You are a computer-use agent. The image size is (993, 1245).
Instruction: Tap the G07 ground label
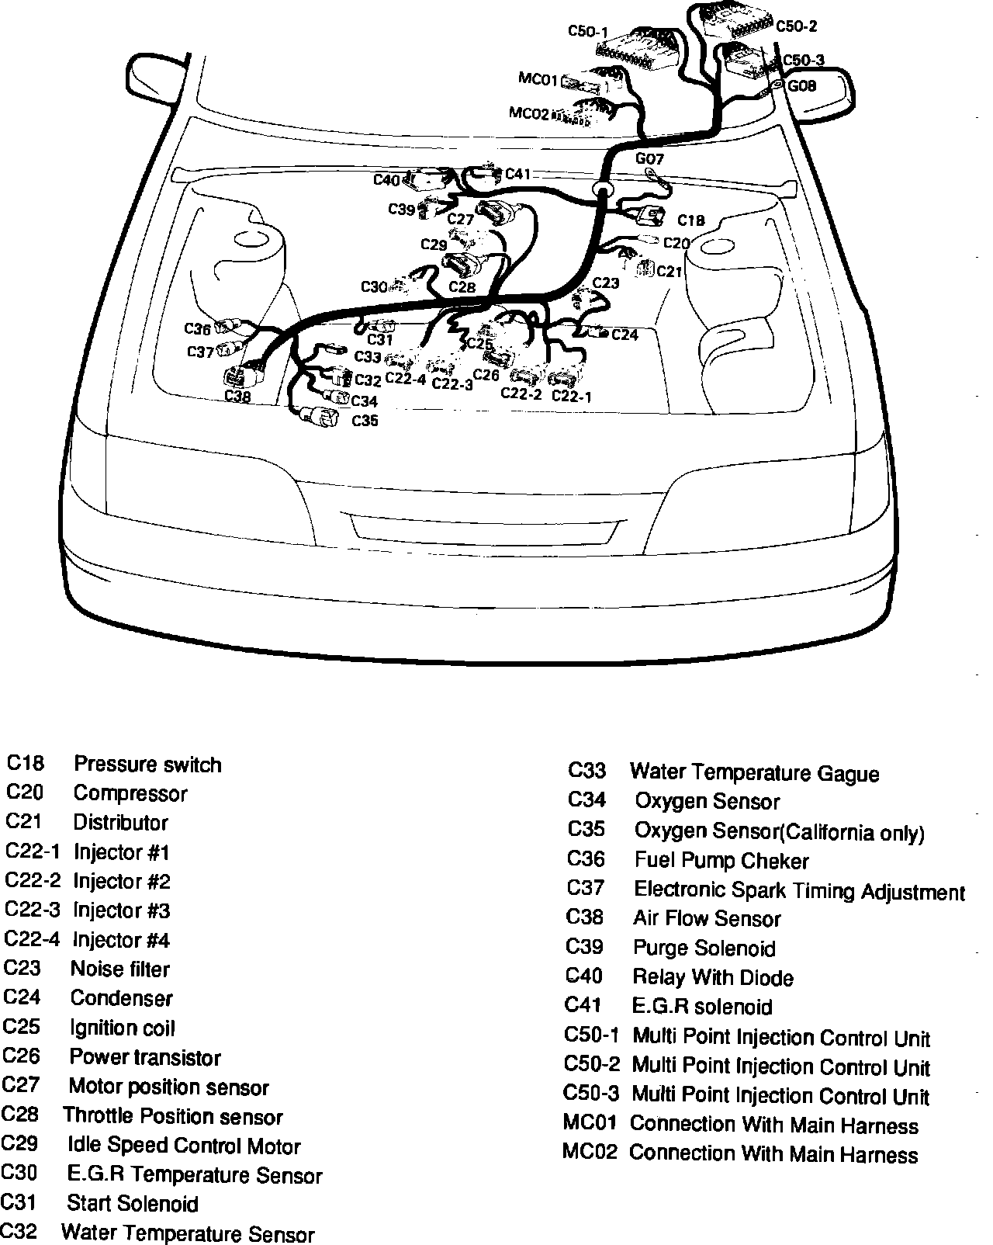coord(649,159)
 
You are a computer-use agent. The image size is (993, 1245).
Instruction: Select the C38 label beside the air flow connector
coord(238,396)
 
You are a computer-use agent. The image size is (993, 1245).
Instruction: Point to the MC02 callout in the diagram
coord(528,113)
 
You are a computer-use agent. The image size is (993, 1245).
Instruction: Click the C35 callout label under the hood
coord(365,421)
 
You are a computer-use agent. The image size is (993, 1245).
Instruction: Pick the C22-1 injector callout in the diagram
coord(572,396)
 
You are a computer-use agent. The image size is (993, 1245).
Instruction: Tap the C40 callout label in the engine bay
coord(386,180)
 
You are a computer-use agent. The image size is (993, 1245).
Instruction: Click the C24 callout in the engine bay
coord(625,335)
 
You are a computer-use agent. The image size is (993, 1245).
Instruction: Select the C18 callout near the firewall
coord(690,220)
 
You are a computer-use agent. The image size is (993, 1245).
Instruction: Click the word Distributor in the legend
coord(120,822)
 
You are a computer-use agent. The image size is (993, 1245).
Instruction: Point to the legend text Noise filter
coord(119,969)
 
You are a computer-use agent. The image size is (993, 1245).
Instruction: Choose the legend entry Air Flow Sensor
coord(707,919)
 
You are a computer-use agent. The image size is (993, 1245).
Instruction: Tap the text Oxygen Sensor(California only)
coord(780,831)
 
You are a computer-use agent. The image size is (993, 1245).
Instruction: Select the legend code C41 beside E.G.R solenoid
coord(583,1005)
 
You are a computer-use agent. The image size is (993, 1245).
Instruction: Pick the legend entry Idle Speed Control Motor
coord(184,1146)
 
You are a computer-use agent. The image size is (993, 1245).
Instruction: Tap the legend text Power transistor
coord(145,1057)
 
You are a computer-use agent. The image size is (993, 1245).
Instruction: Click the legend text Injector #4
coord(121,940)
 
